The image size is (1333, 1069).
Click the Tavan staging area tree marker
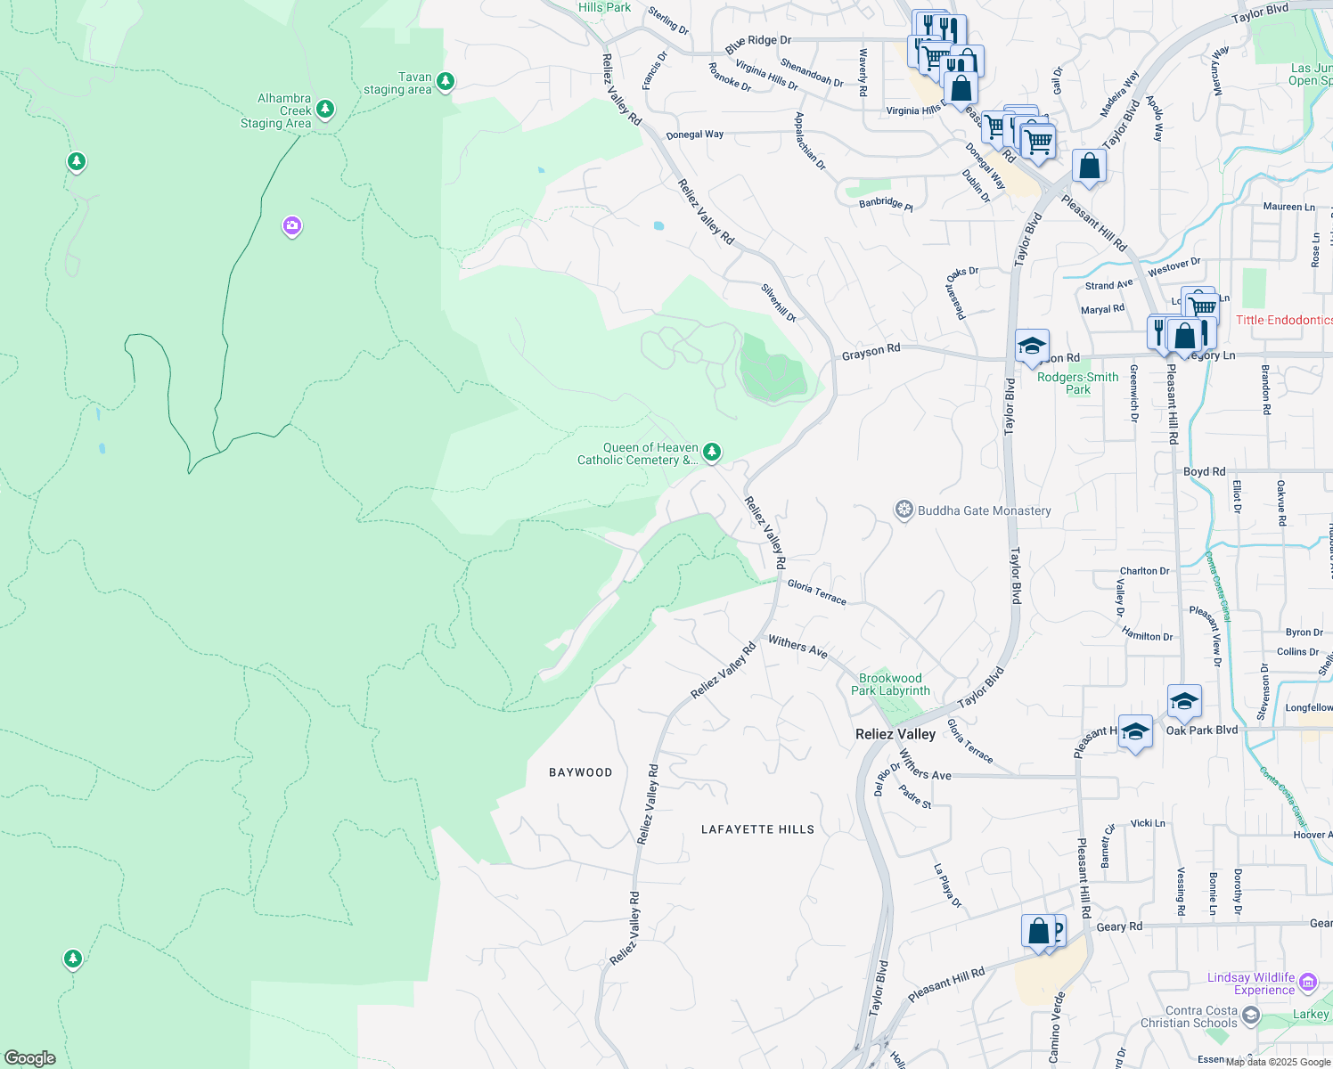tap(446, 82)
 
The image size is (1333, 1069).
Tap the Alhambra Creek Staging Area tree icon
tap(325, 109)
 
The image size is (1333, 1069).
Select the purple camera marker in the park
tap(291, 226)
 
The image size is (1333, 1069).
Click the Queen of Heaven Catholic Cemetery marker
tap(711, 453)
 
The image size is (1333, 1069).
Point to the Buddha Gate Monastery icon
tap(904, 510)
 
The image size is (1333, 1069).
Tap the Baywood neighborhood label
tap(580, 772)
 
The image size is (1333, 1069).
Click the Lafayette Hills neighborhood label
tap(757, 829)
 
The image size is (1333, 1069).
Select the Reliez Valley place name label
tap(895, 734)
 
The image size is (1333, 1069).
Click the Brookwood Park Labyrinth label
tap(890, 684)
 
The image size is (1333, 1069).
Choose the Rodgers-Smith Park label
tap(1077, 383)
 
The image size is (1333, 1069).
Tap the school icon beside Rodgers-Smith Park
tap(1032, 346)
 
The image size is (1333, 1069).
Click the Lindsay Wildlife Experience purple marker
tap(1308, 983)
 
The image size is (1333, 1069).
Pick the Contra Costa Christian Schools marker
tap(1251, 1016)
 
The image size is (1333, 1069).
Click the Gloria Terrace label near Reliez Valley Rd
tap(817, 592)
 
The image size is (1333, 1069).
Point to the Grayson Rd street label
tap(871, 352)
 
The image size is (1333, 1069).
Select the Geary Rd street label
tap(1118, 926)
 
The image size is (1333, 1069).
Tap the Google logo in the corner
tap(29, 1057)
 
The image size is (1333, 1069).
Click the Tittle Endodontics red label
tap(1283, 320)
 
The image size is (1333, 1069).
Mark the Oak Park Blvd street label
tap(1201, 730)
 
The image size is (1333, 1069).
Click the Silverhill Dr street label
tap(778, 302)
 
